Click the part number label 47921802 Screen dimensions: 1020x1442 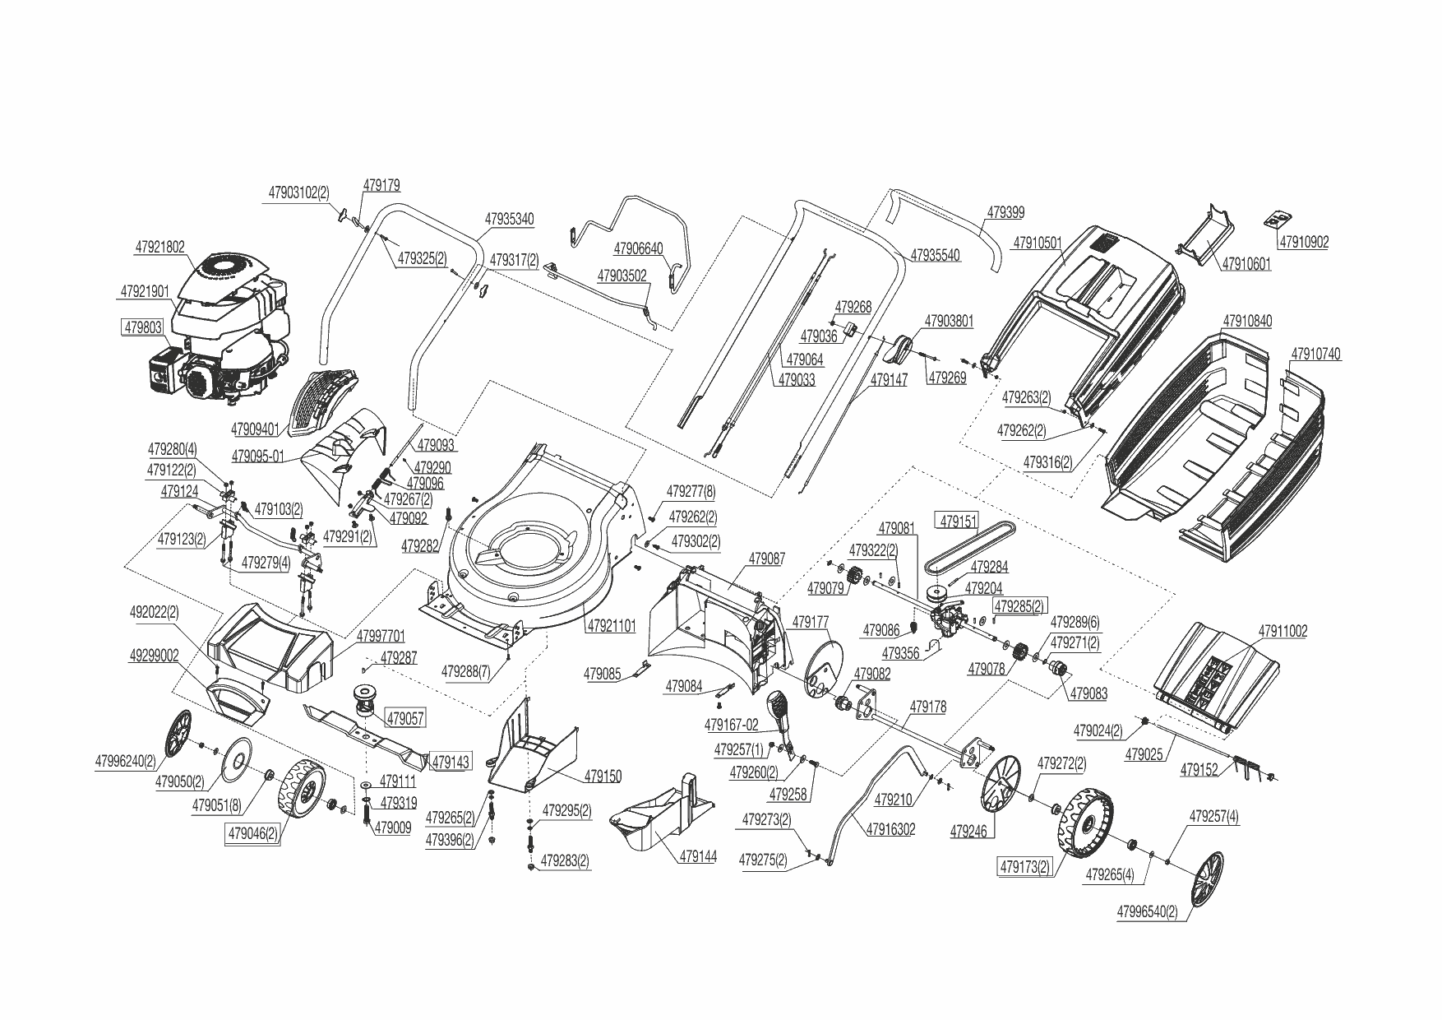(x=159, y=247)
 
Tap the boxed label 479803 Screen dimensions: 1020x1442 (x=143, y=327)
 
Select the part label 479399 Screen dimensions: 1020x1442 (x=1005, y=213)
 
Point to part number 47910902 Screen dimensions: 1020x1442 (x=1302, y=243)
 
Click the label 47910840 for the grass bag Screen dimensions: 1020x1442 (x=1247, y=321)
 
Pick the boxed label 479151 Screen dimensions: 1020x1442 (x=959, y=522)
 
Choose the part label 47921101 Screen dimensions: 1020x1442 (x=611, y=626)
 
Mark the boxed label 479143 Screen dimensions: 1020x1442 (x=450, y=762)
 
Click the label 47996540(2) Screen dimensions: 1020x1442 (x=1147, y=912)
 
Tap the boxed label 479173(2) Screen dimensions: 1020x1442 (x=1024, y=866)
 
